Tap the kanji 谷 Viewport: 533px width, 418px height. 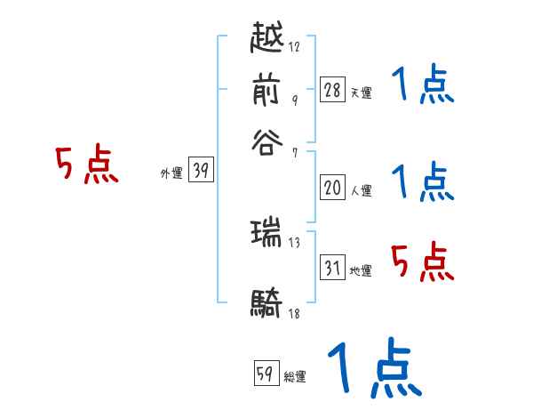tap(267, 141)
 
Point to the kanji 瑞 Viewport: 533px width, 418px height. tap(267, 234)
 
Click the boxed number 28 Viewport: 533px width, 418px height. tap(332, 90)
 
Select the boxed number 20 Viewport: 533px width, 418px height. tap(332, 188)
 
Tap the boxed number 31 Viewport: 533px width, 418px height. tap(332, 268)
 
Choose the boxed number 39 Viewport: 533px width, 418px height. tap(201, 172)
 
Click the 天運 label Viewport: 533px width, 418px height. tap(361, 92)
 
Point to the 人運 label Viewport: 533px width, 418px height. tap(361, 189)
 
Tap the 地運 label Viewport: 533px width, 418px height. tap(361, 270)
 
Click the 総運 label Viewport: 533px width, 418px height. tap(295, 376)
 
